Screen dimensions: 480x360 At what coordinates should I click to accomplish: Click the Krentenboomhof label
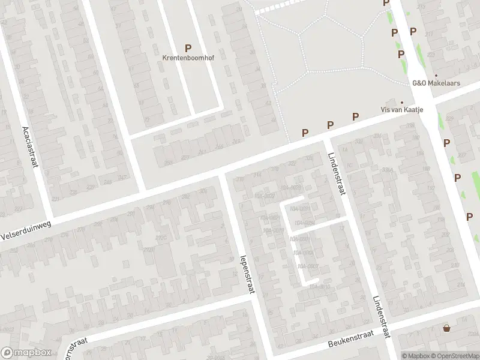pyautogui.click(x=188, y=58)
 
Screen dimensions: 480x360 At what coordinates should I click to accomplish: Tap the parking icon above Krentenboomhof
pyautogui.click(x=188, y=48)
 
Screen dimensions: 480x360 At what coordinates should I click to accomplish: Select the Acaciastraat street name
pyautogui.click(x=29, y=148)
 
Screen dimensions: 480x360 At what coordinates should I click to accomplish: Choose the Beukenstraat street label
pyautogui.click(x=352, y=340)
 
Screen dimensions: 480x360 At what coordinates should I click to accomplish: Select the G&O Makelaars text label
pyautogui.click(x=436, y=83)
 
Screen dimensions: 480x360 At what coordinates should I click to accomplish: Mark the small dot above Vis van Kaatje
pyautogui.click(x=402, y=103)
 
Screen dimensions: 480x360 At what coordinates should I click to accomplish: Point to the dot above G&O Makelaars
pyautogui.click(x=436, y=76)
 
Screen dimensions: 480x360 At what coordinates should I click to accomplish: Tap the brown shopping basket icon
pyautogui.click(x=446, y=328)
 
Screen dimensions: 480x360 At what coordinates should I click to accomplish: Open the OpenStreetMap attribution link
pyautogui.click(x=455, y=356)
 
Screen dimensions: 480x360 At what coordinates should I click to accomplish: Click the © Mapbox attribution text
pyautogui.click(x=416, y=356)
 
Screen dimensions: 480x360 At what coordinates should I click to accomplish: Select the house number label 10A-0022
pyautogui.click(x=264, y=196)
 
